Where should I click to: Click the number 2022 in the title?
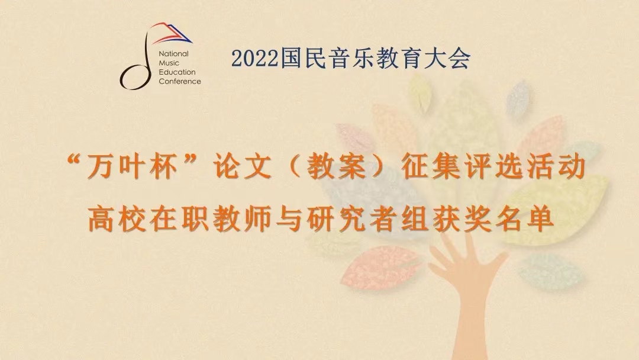pos(254,58)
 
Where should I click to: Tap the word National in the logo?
pos(173,54)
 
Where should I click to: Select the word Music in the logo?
pos(169,63)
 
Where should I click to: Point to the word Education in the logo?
pos(177,72)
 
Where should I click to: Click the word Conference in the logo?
pos(180,81)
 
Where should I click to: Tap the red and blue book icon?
pos(170,33)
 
